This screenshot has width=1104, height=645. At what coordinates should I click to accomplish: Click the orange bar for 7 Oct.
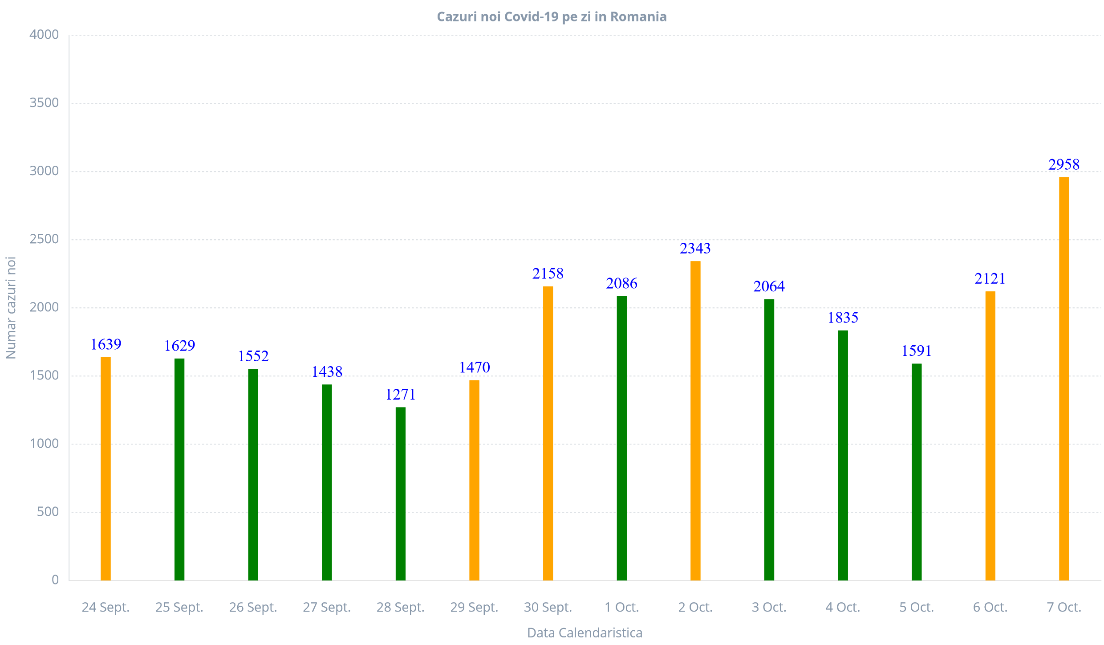1063,379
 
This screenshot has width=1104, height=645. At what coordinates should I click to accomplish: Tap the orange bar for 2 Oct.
695,420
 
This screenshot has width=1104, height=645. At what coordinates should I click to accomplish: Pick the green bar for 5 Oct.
916,472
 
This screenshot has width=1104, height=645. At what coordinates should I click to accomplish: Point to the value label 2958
1063,165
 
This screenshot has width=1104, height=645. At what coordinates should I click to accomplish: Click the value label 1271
400,395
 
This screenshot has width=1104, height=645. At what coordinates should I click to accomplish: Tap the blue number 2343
695,249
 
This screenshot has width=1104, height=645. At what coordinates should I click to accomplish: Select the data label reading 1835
843,318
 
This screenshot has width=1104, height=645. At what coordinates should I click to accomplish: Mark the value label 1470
474,367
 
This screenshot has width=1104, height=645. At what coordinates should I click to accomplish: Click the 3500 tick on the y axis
44,103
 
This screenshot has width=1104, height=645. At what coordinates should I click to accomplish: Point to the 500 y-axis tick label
48,512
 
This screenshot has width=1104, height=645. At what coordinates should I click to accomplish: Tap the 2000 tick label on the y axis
44,307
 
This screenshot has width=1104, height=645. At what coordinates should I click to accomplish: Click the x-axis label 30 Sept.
548,607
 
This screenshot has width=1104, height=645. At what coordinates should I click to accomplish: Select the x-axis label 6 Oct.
990,607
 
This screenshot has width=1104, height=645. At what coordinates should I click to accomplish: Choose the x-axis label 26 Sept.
253,607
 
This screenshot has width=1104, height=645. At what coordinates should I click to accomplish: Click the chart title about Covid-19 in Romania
552,17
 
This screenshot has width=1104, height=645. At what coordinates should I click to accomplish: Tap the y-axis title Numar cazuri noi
11,308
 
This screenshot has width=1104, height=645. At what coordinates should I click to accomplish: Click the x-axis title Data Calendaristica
584,633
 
